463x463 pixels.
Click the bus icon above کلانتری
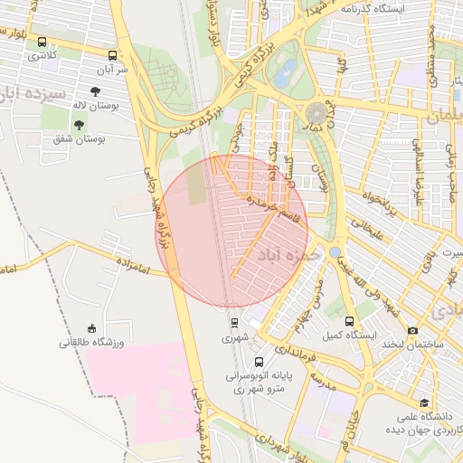[43, 42]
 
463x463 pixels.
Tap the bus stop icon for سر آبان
[112, 55]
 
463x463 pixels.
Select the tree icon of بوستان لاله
[96, 91]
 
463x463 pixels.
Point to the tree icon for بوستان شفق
[80, 125]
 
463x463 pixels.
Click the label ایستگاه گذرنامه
[372, 8]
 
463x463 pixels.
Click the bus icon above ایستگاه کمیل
[350, 321]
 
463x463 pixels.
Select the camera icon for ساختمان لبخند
[412, 331]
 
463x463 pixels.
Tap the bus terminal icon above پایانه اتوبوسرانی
[260, 363]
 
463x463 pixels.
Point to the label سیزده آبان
[33, 94]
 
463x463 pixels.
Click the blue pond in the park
[284, 77]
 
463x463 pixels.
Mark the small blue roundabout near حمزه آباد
[335, 251]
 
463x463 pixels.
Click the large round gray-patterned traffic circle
[317, 113]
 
